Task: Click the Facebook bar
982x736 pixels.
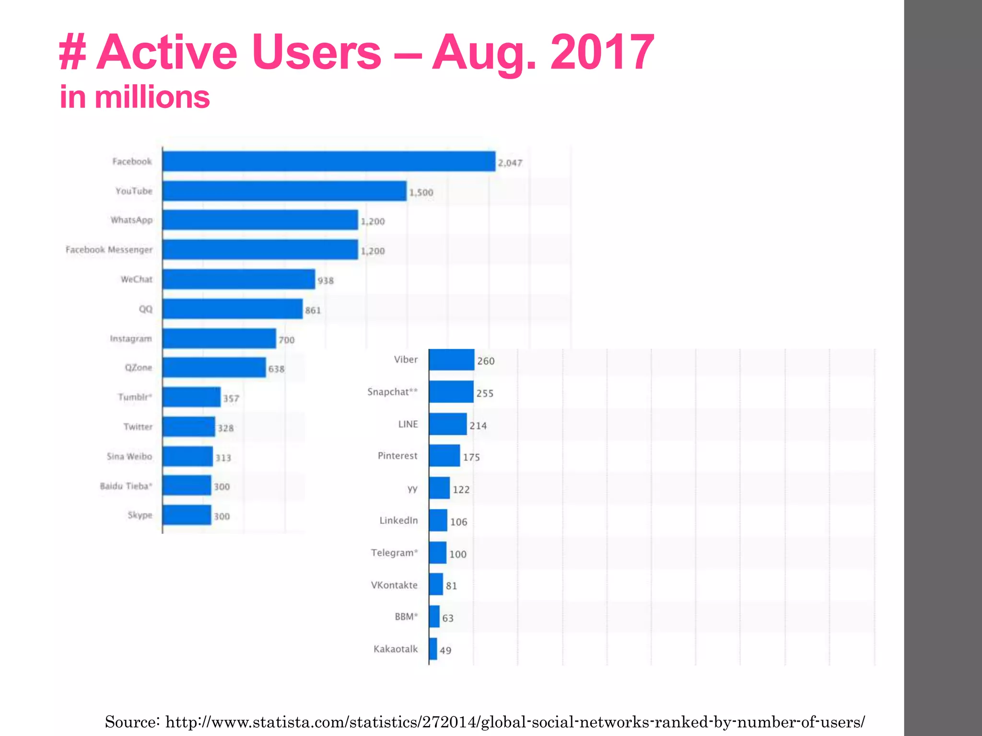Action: [x=328, y=161]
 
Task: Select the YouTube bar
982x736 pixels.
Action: [x=284, y=191]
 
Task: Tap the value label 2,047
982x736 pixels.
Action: [x=510, y=163]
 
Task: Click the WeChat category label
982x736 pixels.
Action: [x=136, y=279]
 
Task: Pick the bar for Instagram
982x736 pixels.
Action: [x=219, y=338]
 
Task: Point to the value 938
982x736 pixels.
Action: [x=325, y=280]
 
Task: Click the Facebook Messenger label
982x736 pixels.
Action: [x=109, y=250]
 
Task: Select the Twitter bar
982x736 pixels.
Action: [x=188, y=426]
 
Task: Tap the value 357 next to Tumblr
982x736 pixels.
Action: [x=231, y=399]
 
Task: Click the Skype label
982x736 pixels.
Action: [x=140, y=515]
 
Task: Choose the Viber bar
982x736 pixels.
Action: [x=451, y=360]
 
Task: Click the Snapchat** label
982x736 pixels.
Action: [x=392, y=392]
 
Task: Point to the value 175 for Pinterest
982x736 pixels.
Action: [x=471, y=458]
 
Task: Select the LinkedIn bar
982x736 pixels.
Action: [x=438, y=520]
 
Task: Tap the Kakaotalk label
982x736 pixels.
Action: [x=396, y=649]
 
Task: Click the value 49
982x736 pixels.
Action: [x=445, y=650]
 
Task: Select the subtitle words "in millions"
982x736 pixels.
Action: [x=135, y=97]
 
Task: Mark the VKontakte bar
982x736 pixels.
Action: [x=435, y=585]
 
